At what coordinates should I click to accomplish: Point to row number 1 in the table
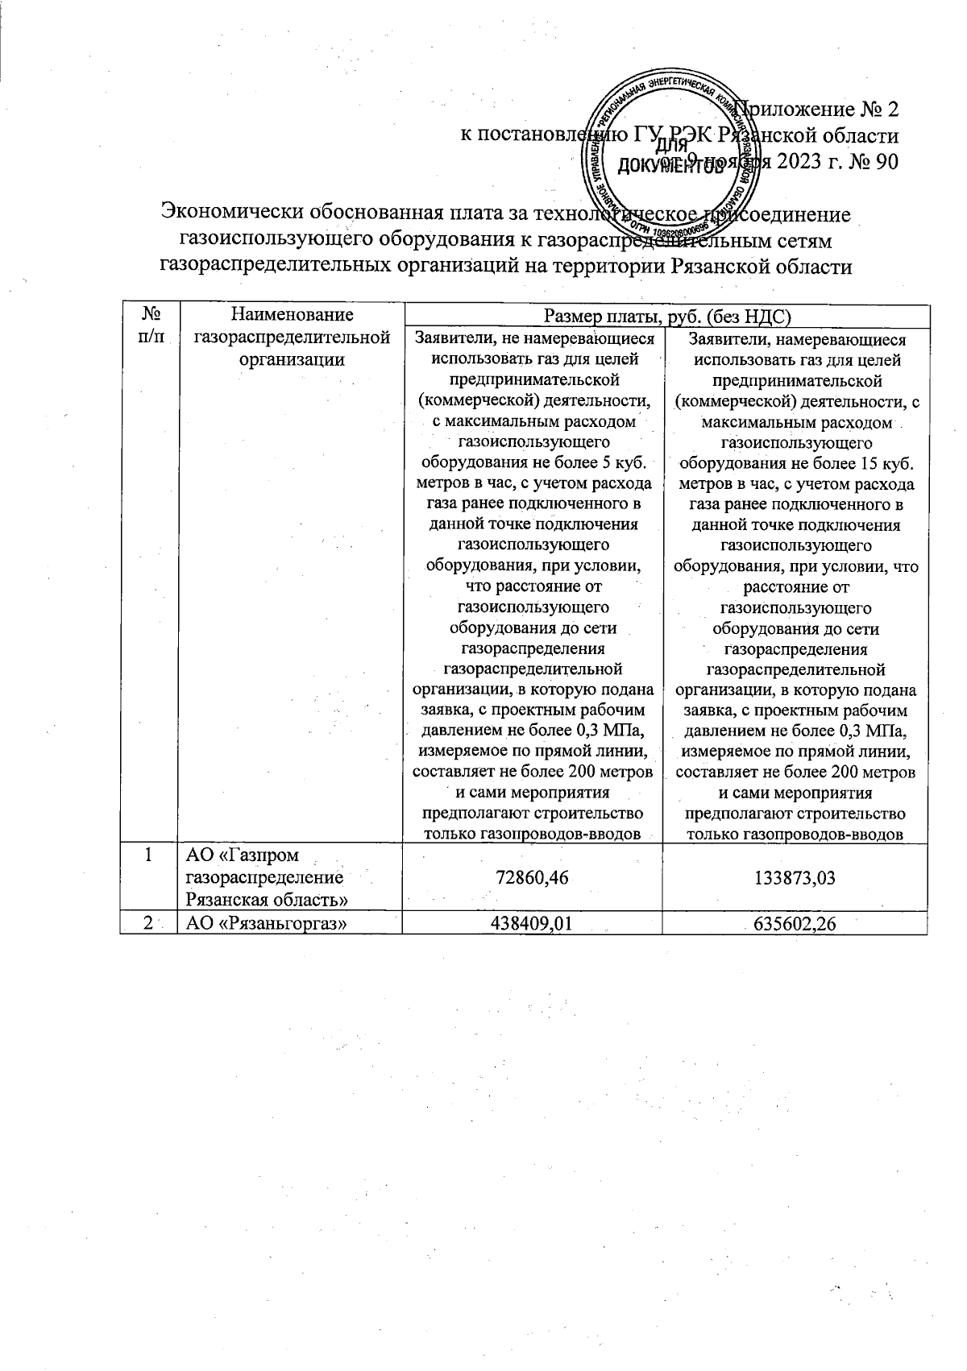tap(148, 855)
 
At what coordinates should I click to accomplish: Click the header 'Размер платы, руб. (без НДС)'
tap(665, 316)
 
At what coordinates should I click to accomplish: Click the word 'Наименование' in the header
tap(292, 315)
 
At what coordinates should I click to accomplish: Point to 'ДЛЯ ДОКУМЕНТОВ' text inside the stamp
tap(670, 157)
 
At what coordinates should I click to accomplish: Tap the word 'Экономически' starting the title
tap(232, 214)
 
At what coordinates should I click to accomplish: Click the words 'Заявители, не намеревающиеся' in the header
tap(533, 340)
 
